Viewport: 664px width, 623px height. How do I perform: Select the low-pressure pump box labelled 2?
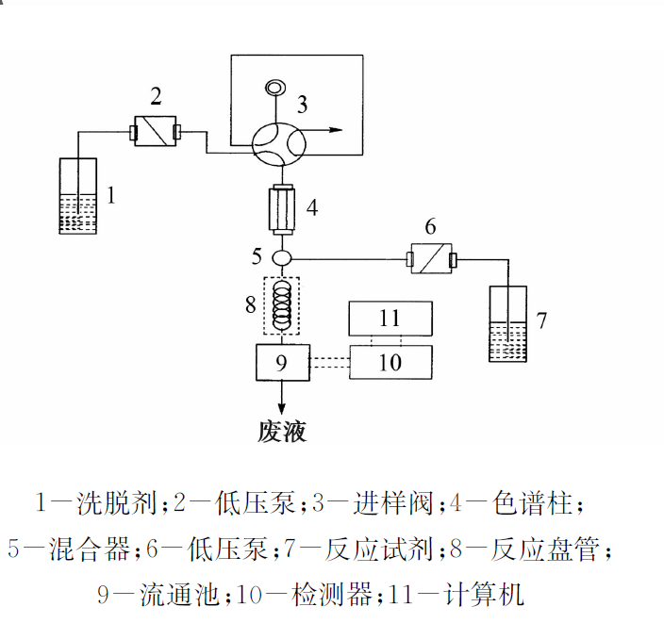click(156, 130)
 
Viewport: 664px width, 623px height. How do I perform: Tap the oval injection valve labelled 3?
click(279, 141)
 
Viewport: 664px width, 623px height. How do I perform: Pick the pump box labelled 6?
click(430, 257)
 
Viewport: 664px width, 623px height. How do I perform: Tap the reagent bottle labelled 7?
click(507, 324)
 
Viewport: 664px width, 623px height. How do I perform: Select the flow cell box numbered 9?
click(282, 361)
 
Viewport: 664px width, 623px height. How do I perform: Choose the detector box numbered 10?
click(390, 361)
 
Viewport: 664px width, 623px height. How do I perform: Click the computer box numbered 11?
click(390, 318)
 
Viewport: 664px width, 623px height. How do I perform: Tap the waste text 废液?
click(282, 432)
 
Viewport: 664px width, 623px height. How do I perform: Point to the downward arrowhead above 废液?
click(282, 403)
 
